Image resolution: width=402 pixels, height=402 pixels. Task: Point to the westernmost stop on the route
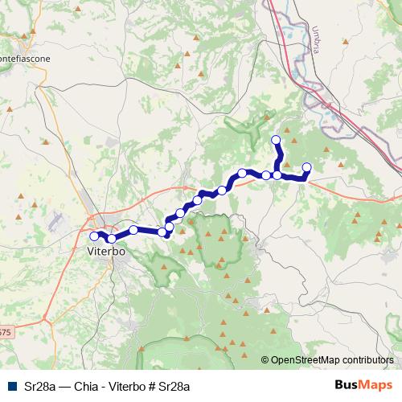[x=94, y=236]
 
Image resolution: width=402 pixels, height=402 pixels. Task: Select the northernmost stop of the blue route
[x=276, y=140]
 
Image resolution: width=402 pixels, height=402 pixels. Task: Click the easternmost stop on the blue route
[x=306, y=167]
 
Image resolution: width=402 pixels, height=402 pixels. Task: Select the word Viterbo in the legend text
[x=122, y=386]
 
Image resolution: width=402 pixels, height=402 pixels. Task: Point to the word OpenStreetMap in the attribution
[x=303, y=360]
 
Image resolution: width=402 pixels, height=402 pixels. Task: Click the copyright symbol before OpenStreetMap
[x=265, y=360]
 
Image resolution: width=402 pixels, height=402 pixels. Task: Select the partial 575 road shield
[x=6, y=331]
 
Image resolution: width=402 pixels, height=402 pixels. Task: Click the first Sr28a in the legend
[x=35, y=386]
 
